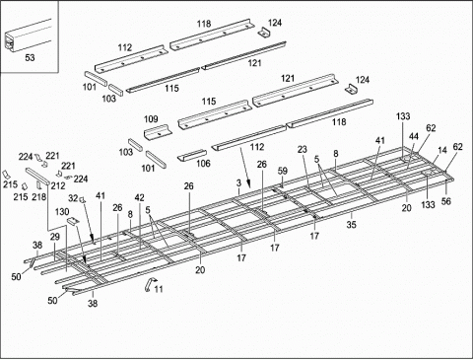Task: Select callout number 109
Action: [152, 120]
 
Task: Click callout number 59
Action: [282, 172]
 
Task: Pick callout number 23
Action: [303, 150]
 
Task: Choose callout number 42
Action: [138, 198]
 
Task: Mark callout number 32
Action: [72, 198]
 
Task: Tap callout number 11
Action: [158, 289]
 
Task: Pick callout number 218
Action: [39, 197]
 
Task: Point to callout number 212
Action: [58, 184]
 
